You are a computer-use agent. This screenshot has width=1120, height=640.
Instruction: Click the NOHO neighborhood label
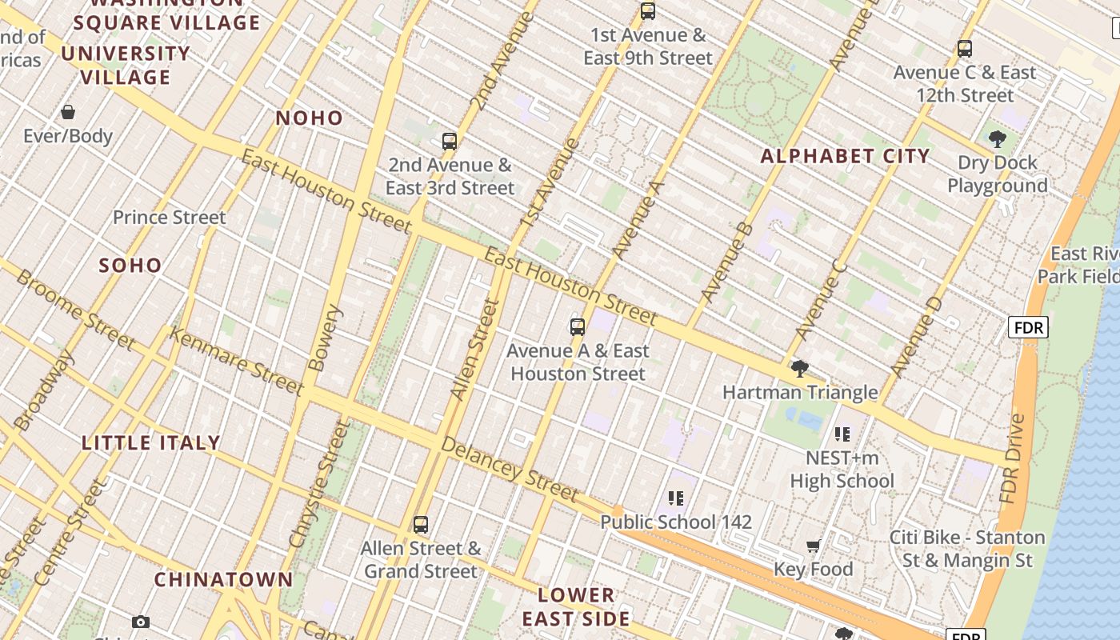click(x=309, y=118)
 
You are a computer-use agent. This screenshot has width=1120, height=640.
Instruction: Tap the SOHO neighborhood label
click(x=130, y=266)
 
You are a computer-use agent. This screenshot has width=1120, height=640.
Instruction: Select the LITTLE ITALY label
click(x=151, y=442)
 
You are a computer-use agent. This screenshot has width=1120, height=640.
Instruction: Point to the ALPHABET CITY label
click(x=845, y=156)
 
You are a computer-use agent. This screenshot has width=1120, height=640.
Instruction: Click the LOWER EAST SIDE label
click(x=576, y=606)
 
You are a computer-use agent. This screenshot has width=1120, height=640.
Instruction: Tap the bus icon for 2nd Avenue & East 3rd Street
click(x=450, y=142)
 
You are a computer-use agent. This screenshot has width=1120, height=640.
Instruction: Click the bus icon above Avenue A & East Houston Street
click(x=578, y=326)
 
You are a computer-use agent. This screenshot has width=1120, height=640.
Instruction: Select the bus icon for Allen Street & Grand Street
click(x=421, y=525)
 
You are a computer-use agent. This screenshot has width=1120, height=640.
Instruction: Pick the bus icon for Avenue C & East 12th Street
click(x=965, y=49)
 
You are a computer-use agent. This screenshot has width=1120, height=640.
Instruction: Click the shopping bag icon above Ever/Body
click(x=68, y=112)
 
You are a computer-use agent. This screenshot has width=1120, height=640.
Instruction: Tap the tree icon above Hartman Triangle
click(x=799, y=369)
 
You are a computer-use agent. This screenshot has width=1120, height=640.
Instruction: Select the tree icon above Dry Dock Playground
click(x=997, y=139)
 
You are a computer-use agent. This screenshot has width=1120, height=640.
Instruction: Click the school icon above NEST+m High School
click(x=842, y=434)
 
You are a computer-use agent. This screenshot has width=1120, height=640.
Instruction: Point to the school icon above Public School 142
click(x=676, y=498)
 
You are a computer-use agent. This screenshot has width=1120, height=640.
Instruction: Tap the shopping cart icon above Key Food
click(x=813, y=546)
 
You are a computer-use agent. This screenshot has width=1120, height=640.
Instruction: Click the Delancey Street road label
click(x=509, y=469)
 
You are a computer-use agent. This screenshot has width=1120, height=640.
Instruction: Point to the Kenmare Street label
click(x=237, y=361)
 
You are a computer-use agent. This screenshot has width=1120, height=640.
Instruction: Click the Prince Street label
click(x=169, y=218)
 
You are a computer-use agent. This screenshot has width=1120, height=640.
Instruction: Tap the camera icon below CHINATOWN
click(x=141, y=622)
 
